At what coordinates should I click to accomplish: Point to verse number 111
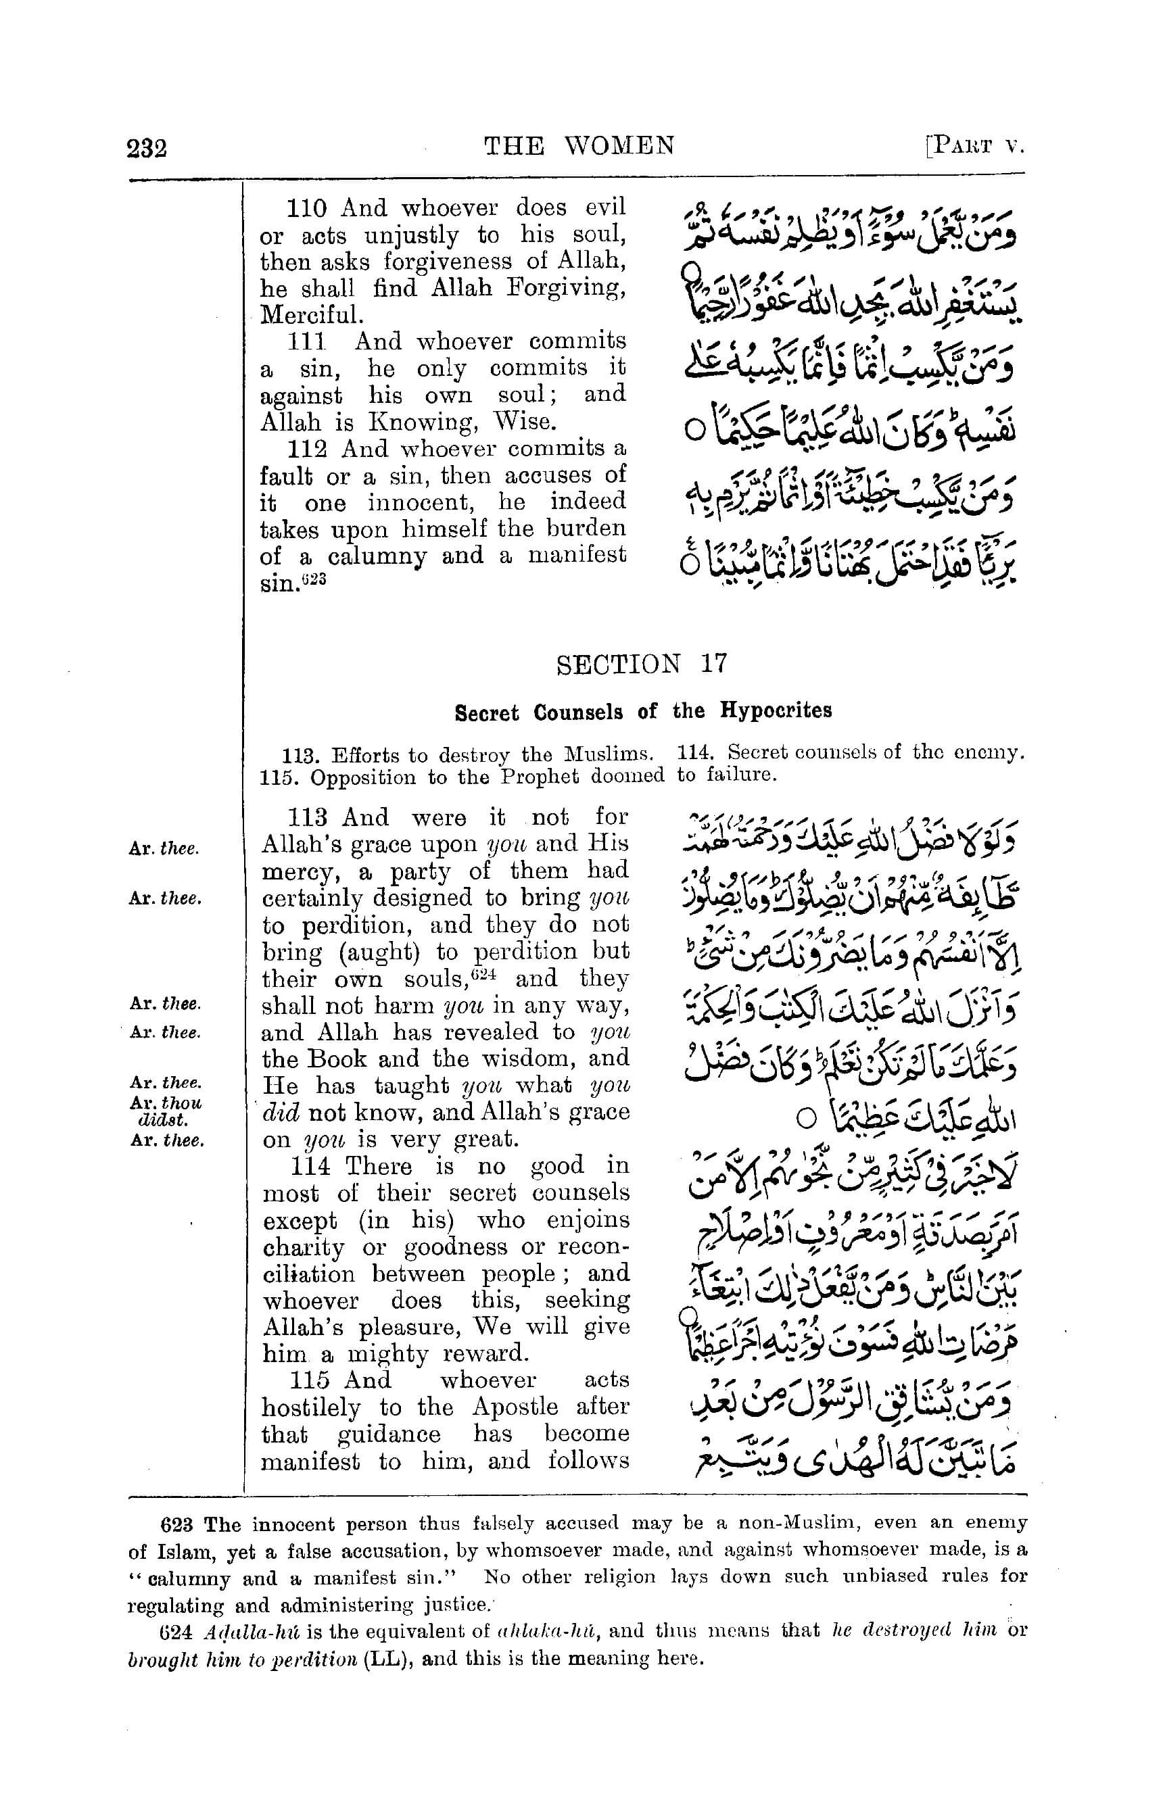(306, 342)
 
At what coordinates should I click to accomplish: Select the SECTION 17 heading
(641, 664)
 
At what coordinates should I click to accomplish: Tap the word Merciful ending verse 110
(311, 316)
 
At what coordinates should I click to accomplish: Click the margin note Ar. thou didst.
(166, 1110)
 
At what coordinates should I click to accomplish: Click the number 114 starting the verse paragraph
(311, 1167)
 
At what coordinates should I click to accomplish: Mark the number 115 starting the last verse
(310, 1380)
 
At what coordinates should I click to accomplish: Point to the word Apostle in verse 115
(515, 1407)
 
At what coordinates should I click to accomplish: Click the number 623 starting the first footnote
(176, 1524)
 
